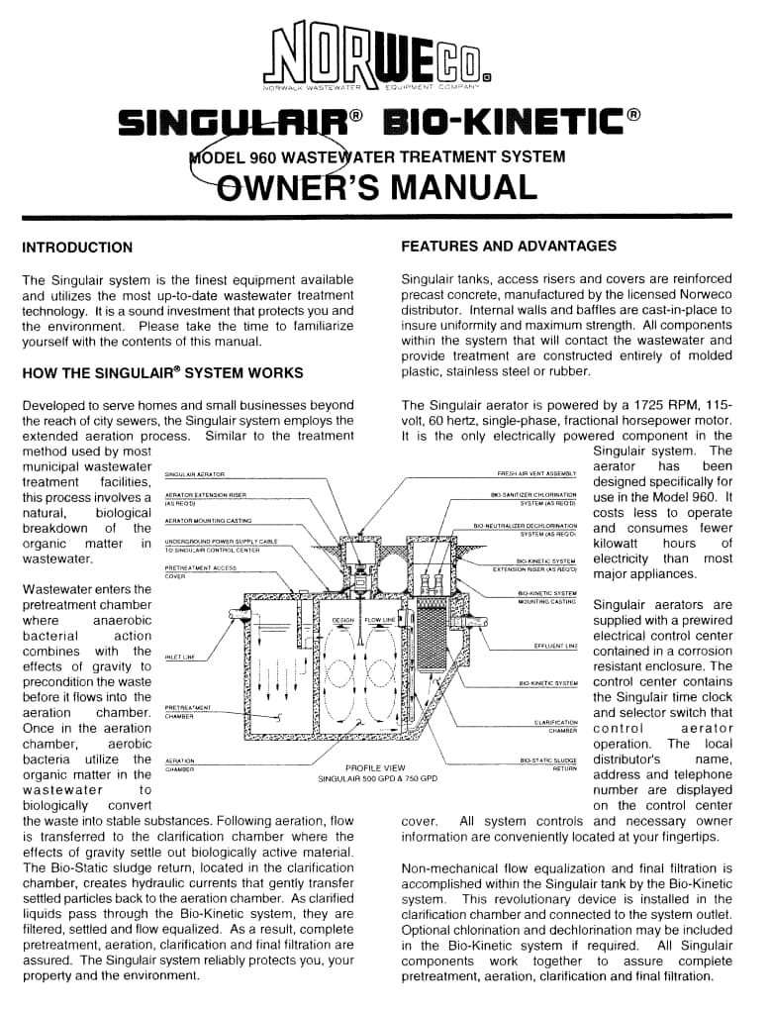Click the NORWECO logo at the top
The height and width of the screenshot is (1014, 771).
point(385,58)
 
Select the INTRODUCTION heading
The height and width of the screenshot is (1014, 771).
point(77,248)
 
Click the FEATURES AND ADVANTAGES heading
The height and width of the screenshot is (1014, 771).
point(509,247)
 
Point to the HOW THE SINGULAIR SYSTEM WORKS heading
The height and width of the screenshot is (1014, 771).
point(162,373)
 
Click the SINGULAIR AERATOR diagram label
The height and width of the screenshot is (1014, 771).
point(195,475)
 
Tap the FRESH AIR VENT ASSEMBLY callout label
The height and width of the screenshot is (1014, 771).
point(536,475)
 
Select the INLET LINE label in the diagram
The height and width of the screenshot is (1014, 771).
point(179,657)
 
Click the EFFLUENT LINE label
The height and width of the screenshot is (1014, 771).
point(555,646)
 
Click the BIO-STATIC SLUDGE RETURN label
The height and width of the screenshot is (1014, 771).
point(548,764)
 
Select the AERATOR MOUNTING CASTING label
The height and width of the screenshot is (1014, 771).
point(208,520)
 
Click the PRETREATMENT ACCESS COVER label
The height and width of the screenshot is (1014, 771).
point(200,572)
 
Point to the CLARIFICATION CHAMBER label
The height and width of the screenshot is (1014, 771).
point(556,727)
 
